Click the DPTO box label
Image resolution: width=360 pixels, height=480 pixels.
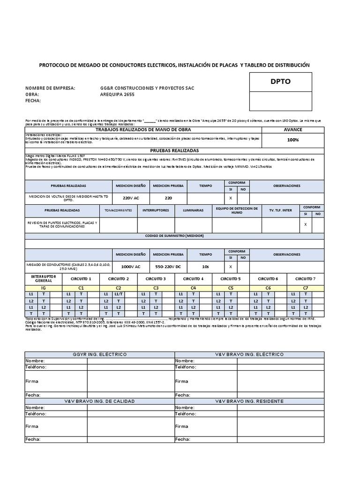tap(280, 82)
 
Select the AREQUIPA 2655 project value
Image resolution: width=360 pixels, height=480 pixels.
tap(117, 94)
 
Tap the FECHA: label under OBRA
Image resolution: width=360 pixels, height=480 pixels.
tap(33, 100)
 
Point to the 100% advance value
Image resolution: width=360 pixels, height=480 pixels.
tap(292, 140)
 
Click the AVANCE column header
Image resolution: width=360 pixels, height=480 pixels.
tap(292, 129)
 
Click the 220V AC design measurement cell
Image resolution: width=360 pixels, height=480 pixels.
tap(131, 198)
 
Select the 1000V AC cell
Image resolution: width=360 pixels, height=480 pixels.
tap(131, 266)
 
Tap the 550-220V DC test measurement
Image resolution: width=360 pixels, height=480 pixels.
tap(168, 266)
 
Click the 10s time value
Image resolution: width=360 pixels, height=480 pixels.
tap(205, 266)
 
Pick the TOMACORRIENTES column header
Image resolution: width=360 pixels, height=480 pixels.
tap(118, 210)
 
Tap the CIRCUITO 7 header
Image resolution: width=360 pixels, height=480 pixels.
tap(305, 278)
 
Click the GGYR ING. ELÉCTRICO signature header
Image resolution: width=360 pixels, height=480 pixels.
tap(99, 354)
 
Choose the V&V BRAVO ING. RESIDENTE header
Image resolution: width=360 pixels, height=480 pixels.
tap(249, 401)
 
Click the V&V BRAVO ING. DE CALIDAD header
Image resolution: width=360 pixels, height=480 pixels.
tap(99, 401)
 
